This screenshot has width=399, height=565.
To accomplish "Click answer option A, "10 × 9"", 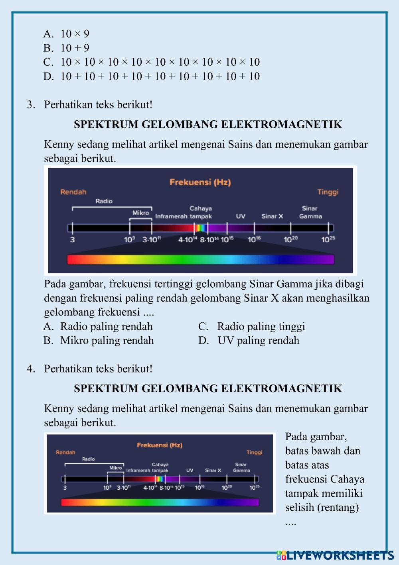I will coord(67,34).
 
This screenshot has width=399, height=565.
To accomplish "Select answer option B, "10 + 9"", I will coord(67,48).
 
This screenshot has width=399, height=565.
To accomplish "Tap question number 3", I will coord(31,105).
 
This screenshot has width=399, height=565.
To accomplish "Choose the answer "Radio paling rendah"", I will coord(98,326).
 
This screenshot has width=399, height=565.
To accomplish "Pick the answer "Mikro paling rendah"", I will coord(99,341).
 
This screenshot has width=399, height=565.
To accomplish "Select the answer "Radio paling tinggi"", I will coord(252,326).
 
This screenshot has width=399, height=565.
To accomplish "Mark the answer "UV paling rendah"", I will coord(249,341).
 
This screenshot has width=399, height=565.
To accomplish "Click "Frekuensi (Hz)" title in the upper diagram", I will coord(200,182).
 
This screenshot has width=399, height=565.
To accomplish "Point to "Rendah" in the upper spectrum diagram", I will coord(73,192).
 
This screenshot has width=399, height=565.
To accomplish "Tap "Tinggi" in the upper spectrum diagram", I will coord(328,192).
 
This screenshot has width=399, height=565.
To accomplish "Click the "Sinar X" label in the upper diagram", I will coord(272,216).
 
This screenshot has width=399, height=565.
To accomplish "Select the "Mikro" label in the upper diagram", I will coord(141,213).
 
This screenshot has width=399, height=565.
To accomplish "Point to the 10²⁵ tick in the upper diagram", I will coord(328,239).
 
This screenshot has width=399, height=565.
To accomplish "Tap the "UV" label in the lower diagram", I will coord(190,471).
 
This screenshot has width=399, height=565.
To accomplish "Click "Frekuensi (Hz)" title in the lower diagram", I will coord(160,445).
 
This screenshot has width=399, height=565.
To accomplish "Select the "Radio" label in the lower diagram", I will coord(89,459).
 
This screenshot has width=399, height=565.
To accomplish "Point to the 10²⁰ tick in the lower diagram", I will coord(227,487).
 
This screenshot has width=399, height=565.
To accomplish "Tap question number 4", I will coord(31,369).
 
